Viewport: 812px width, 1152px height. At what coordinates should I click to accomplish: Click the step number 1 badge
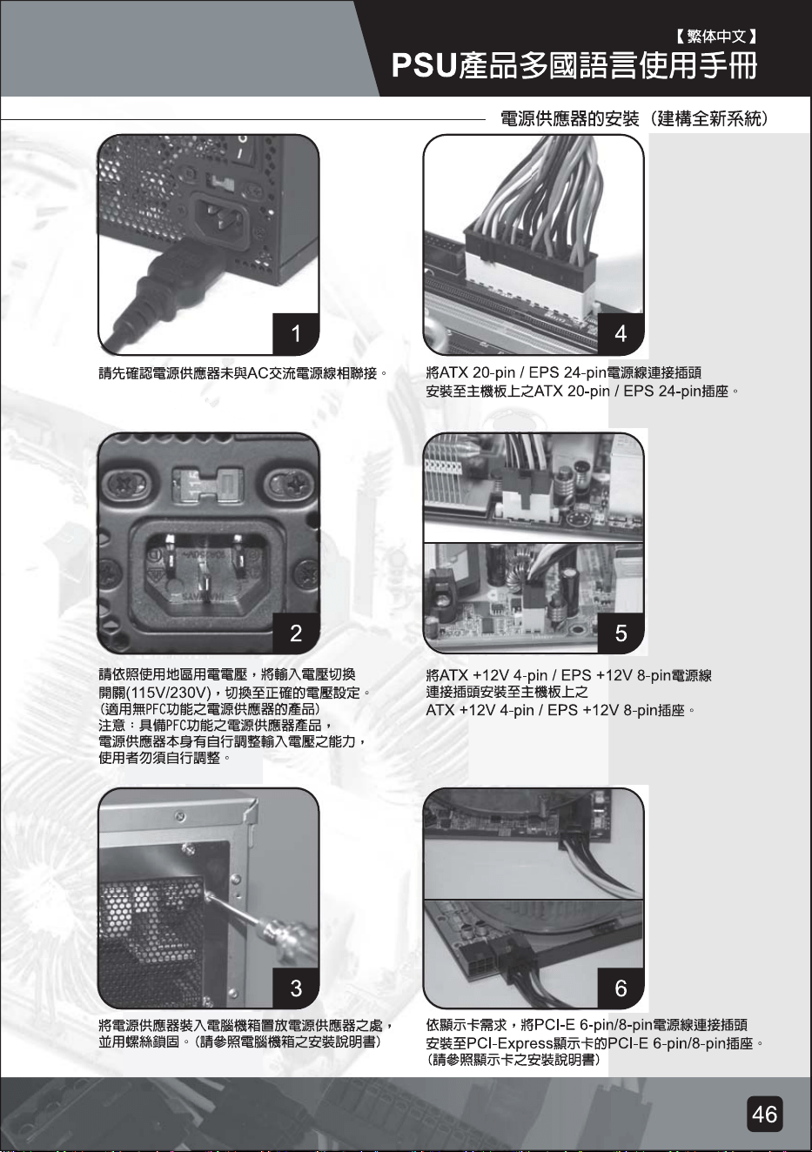point(296,333)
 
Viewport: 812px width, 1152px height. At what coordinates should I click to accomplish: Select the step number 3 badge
point(296,988)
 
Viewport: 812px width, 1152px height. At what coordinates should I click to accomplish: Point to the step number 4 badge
point(621,333)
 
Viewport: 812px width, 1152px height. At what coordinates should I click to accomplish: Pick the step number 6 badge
point(621,988)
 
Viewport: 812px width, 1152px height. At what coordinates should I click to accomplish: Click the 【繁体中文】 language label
point(715,36)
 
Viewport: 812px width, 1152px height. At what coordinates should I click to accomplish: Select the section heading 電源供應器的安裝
point(570,119)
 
